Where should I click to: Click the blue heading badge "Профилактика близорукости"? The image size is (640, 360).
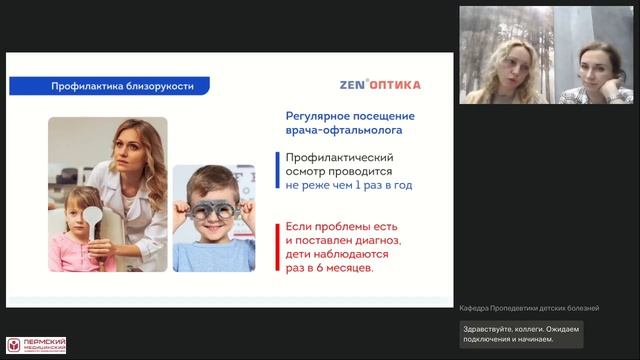pos(117,86)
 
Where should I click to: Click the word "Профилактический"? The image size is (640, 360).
pos(339,158)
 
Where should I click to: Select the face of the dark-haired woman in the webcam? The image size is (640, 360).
pos(597,66)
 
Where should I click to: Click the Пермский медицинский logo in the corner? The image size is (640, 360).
pos(36,345)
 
